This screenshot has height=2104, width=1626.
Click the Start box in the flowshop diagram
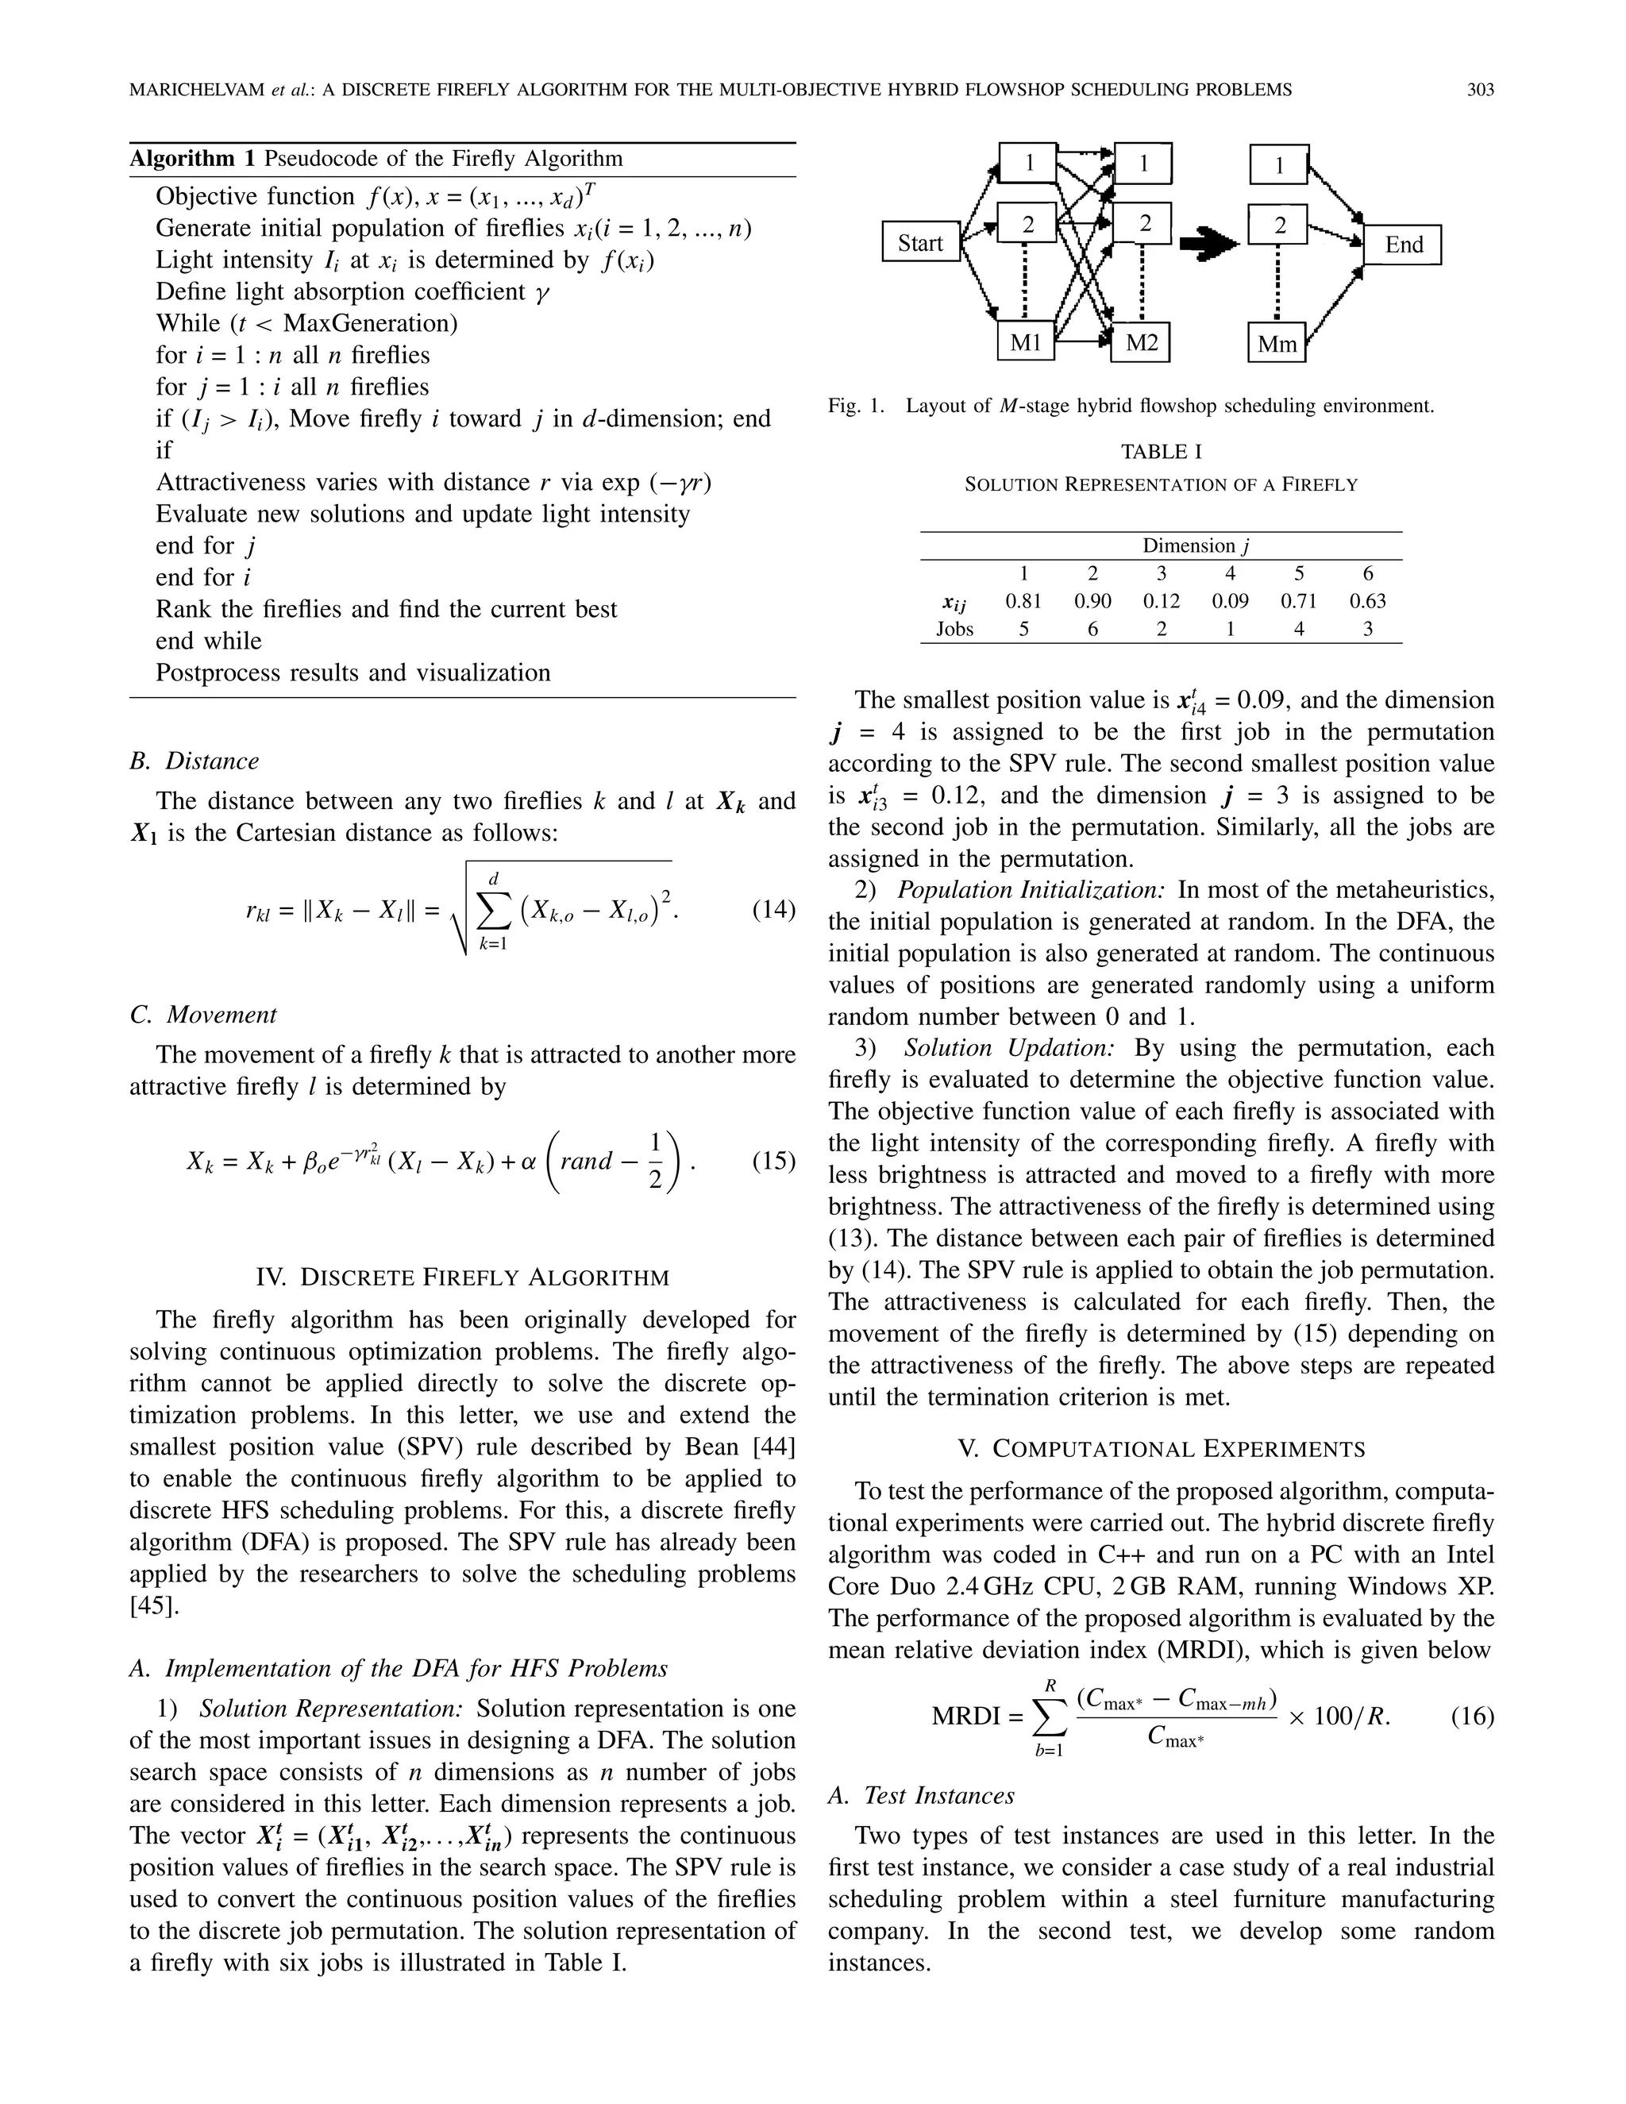(x=920, y=243)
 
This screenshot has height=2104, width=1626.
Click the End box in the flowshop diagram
(x=1403, y=245)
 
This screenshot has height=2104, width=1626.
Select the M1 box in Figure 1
(x=1025, y=342)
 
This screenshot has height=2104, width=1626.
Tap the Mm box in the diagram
(x=1277, y=343)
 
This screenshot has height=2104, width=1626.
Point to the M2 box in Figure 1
(x=1141, y=342)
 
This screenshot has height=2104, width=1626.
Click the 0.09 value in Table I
(x=1230, y=601)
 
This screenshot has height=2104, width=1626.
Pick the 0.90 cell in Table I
(x=1092, y=601)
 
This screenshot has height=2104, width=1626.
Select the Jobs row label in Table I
(x=954, y=629)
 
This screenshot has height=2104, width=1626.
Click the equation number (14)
(x=773, y=908)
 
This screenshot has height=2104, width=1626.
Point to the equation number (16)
(x=1472, y=1716)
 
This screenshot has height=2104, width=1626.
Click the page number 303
(x=1480, y=90)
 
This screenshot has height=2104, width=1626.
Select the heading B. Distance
(x=195, y=761)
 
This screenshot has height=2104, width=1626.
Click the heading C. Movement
(x=203, y=1015)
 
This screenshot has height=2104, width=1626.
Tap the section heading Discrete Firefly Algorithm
(x=462, y=1277)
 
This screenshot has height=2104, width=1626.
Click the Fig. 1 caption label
(x=854, y=406)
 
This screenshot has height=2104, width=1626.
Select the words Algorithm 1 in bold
(x=193, y=159)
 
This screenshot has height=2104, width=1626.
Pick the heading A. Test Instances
(x=922, y=1795)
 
